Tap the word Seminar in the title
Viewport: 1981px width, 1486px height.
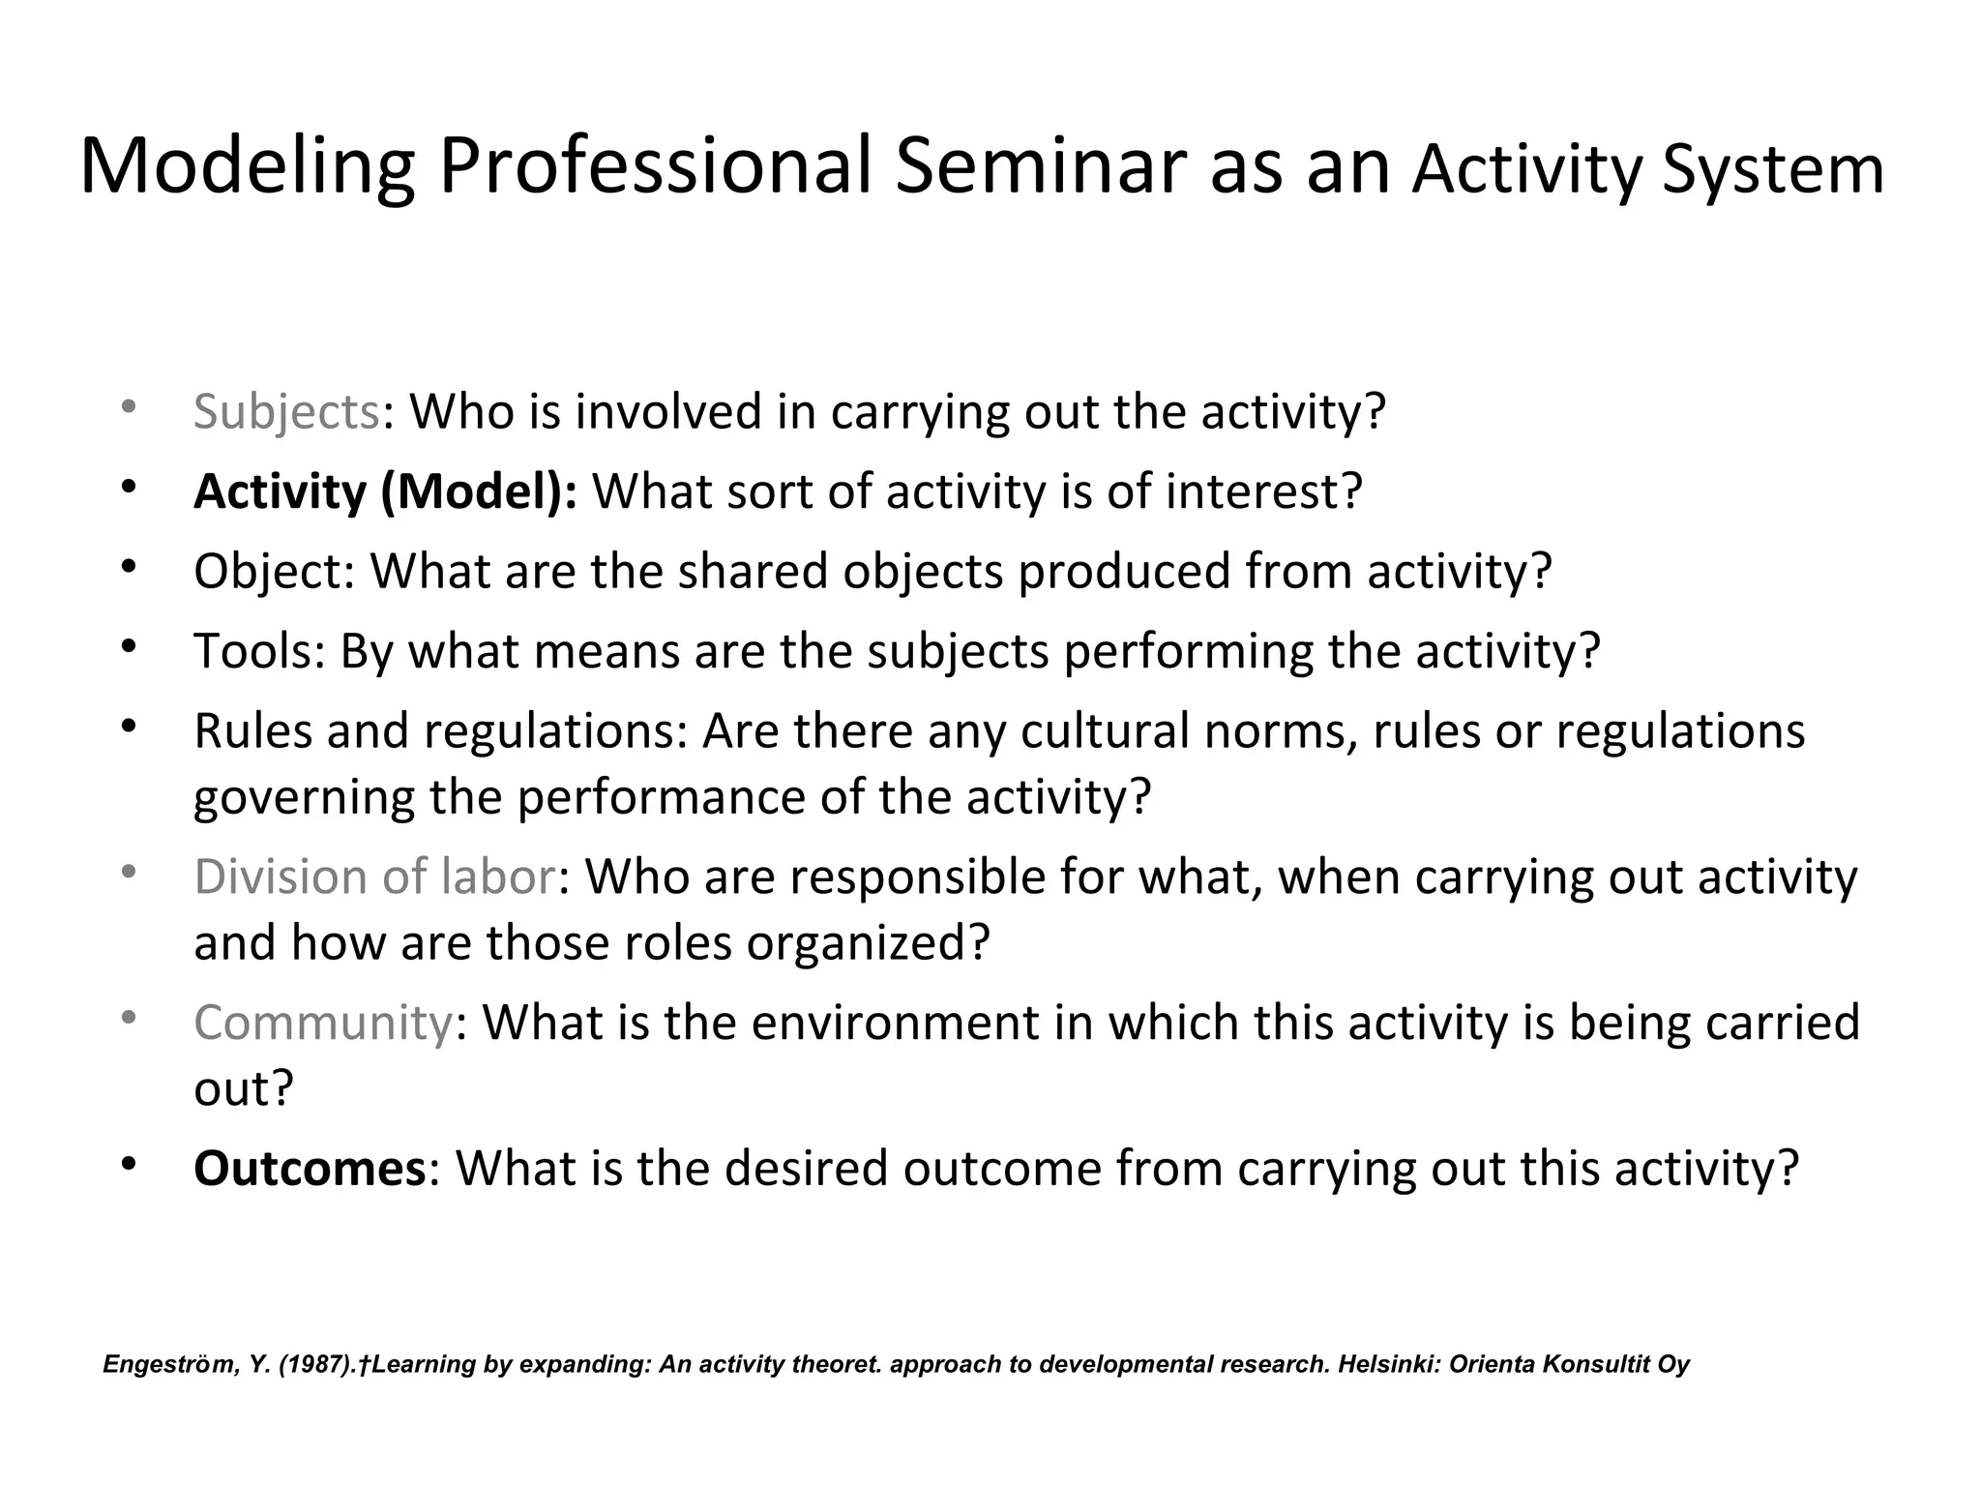point(1040,167)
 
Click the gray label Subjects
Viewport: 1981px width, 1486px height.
point(286,412)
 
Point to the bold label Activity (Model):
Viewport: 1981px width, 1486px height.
point(385,491)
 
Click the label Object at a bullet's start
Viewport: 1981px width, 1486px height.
point(266,572)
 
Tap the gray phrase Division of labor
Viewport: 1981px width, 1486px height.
point(374,877)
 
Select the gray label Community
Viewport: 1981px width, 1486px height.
point(322,1023)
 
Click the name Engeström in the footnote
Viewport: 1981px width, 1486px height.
point(167,1365)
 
